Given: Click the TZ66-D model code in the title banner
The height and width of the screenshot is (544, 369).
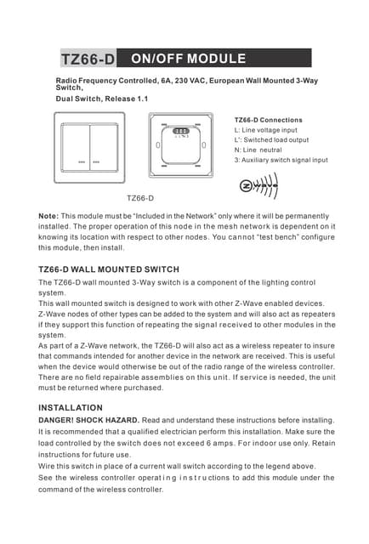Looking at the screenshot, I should (x=88, y=59).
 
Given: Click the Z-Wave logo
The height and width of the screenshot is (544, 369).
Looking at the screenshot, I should (x=258, y=184).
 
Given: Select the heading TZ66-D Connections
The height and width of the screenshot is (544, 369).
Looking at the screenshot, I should (x=268, y=120).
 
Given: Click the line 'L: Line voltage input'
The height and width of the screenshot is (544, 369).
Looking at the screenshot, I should (x=265, y=130).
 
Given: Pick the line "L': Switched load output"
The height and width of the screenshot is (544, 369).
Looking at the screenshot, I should (x=271, y=139).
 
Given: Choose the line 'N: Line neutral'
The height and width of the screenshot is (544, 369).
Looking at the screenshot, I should (x=258, y=150).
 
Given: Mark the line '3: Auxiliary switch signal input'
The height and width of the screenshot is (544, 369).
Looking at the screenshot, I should (x=281, y=160).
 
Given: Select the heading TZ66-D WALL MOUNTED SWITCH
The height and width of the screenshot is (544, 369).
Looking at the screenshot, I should (x=109, y=269).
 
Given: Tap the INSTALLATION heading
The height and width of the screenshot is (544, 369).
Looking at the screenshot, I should (x=71, y=408).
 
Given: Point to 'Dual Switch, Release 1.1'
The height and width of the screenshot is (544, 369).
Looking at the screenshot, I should (x=101, y=99).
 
